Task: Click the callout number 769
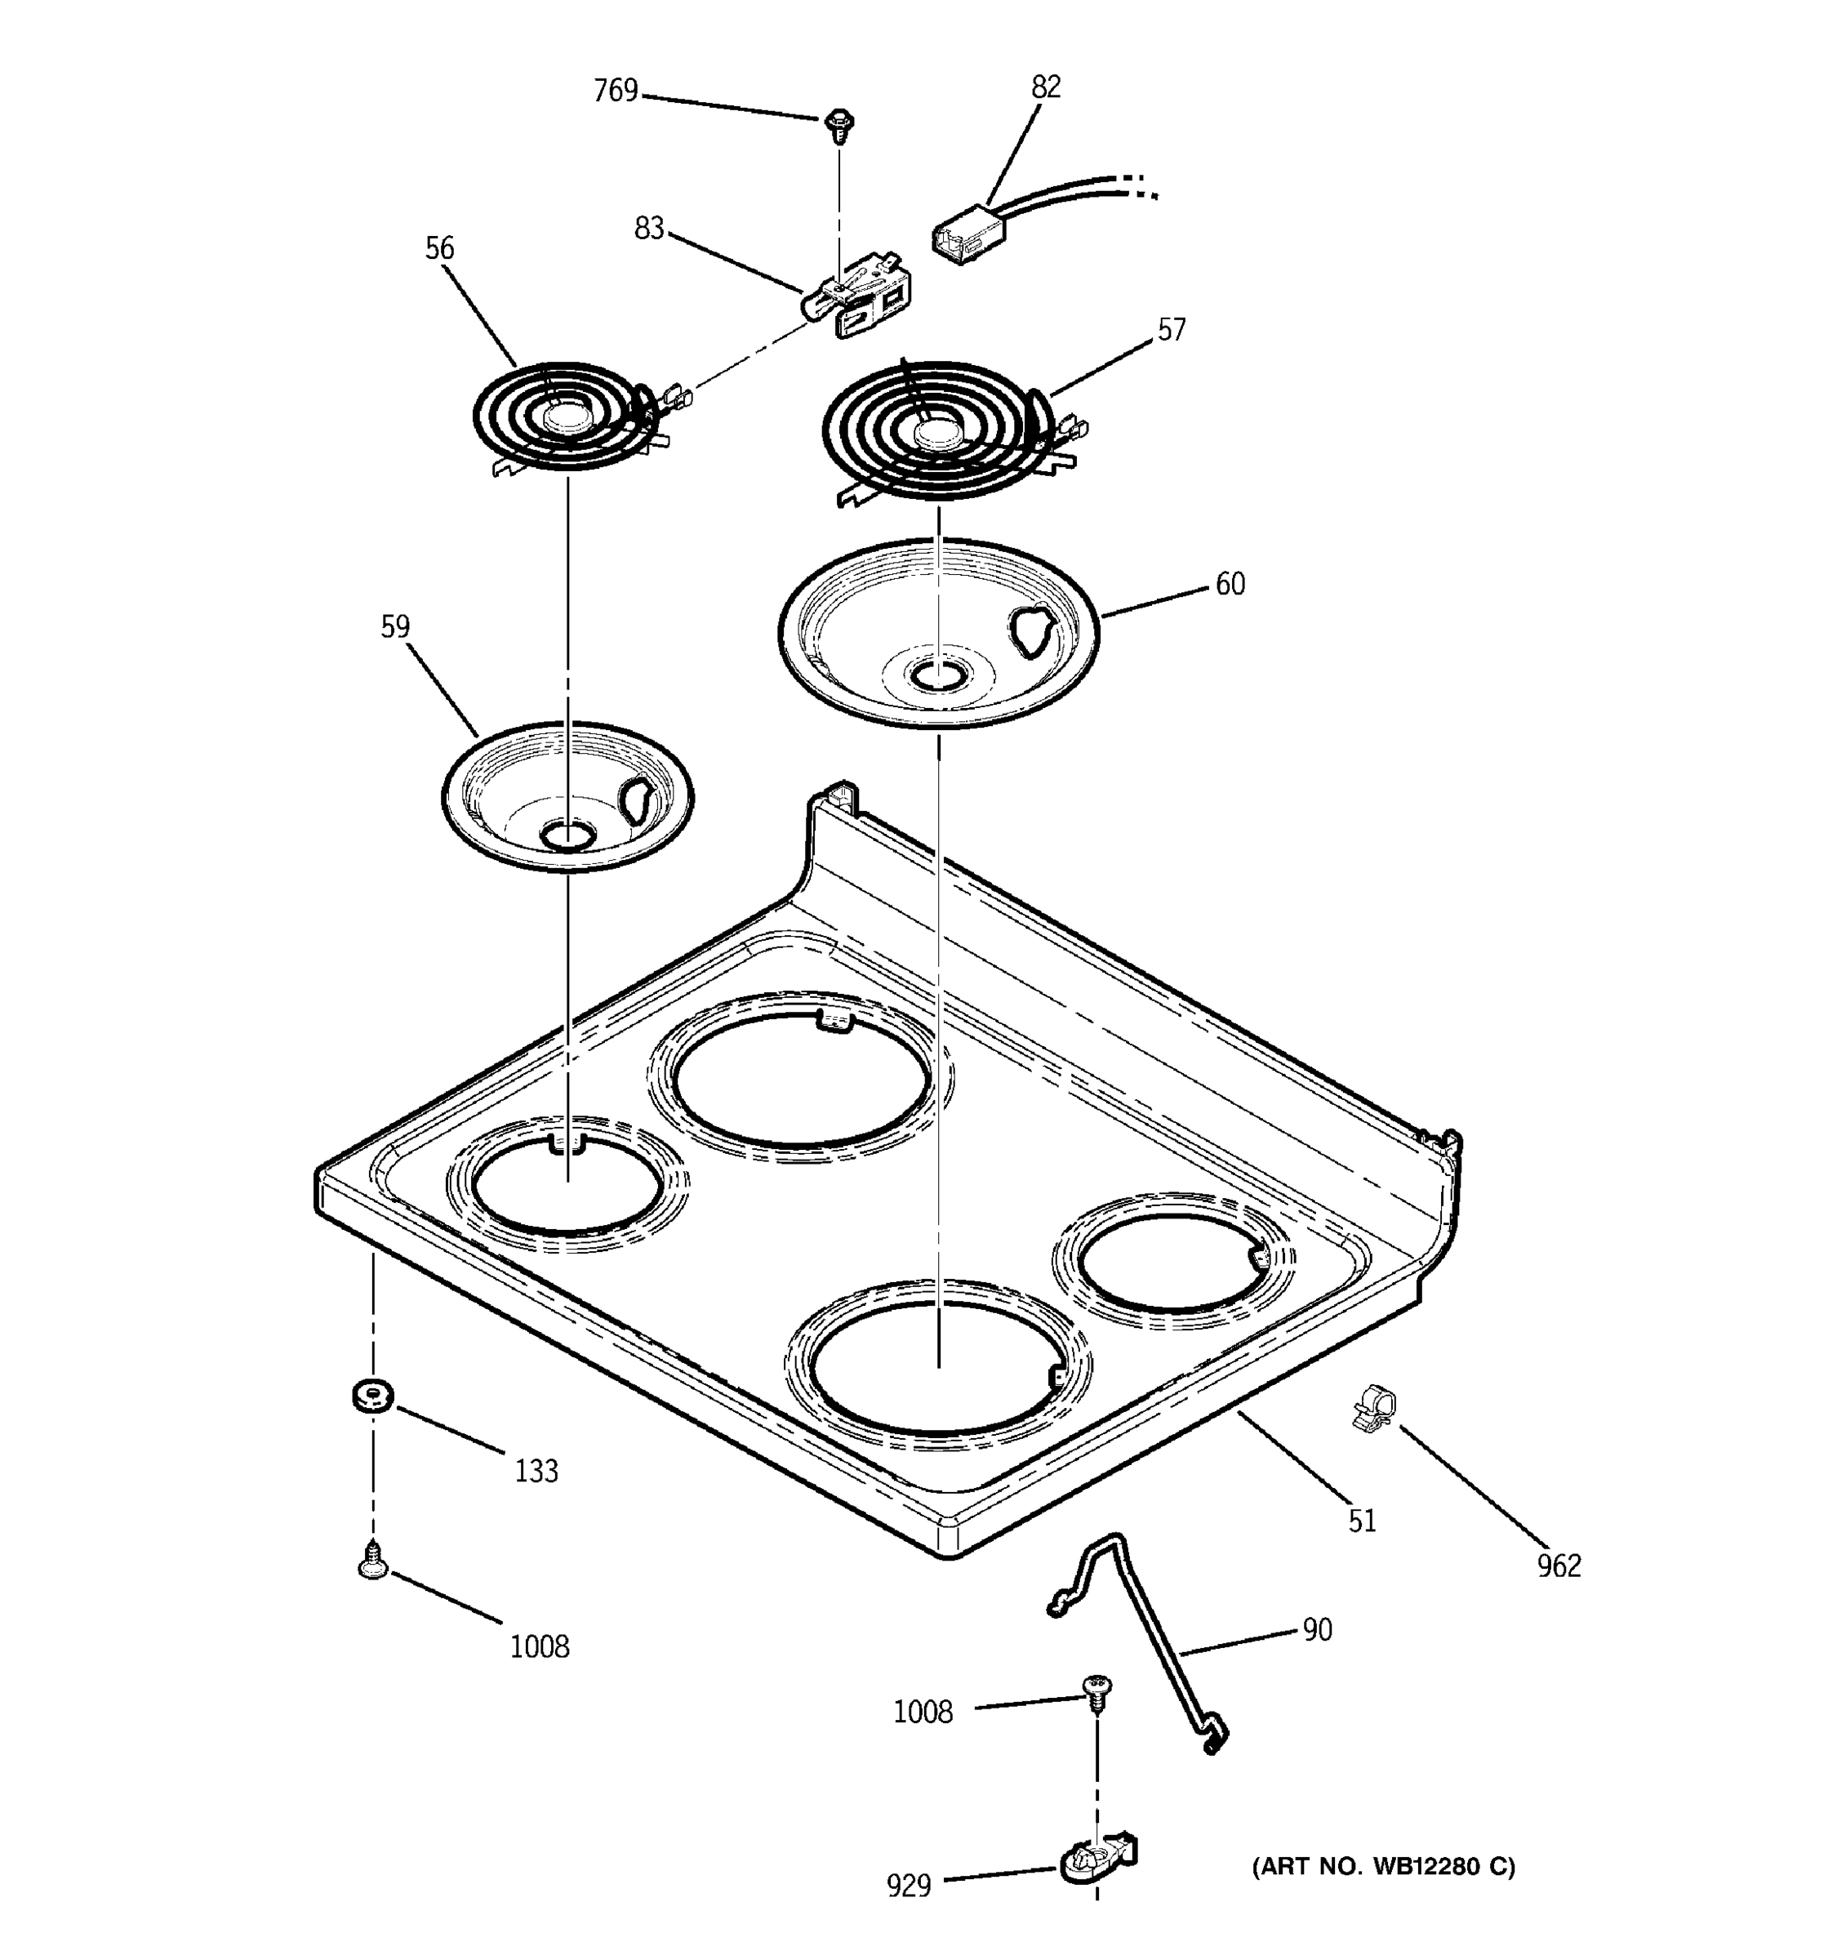tap(615, 91)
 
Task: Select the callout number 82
tap(1046, 87)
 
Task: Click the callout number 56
tap(439, 247)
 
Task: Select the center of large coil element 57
tap(936, 433)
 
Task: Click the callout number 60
tap(1230, 584)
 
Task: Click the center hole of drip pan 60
tap(937, 675)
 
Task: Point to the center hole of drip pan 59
tap(567, 836)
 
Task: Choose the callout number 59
tap(395, 626)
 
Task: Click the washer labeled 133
tap(372, 1395)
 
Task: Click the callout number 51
tap(1362, 1521)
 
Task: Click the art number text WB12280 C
tap(1383, 1866)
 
